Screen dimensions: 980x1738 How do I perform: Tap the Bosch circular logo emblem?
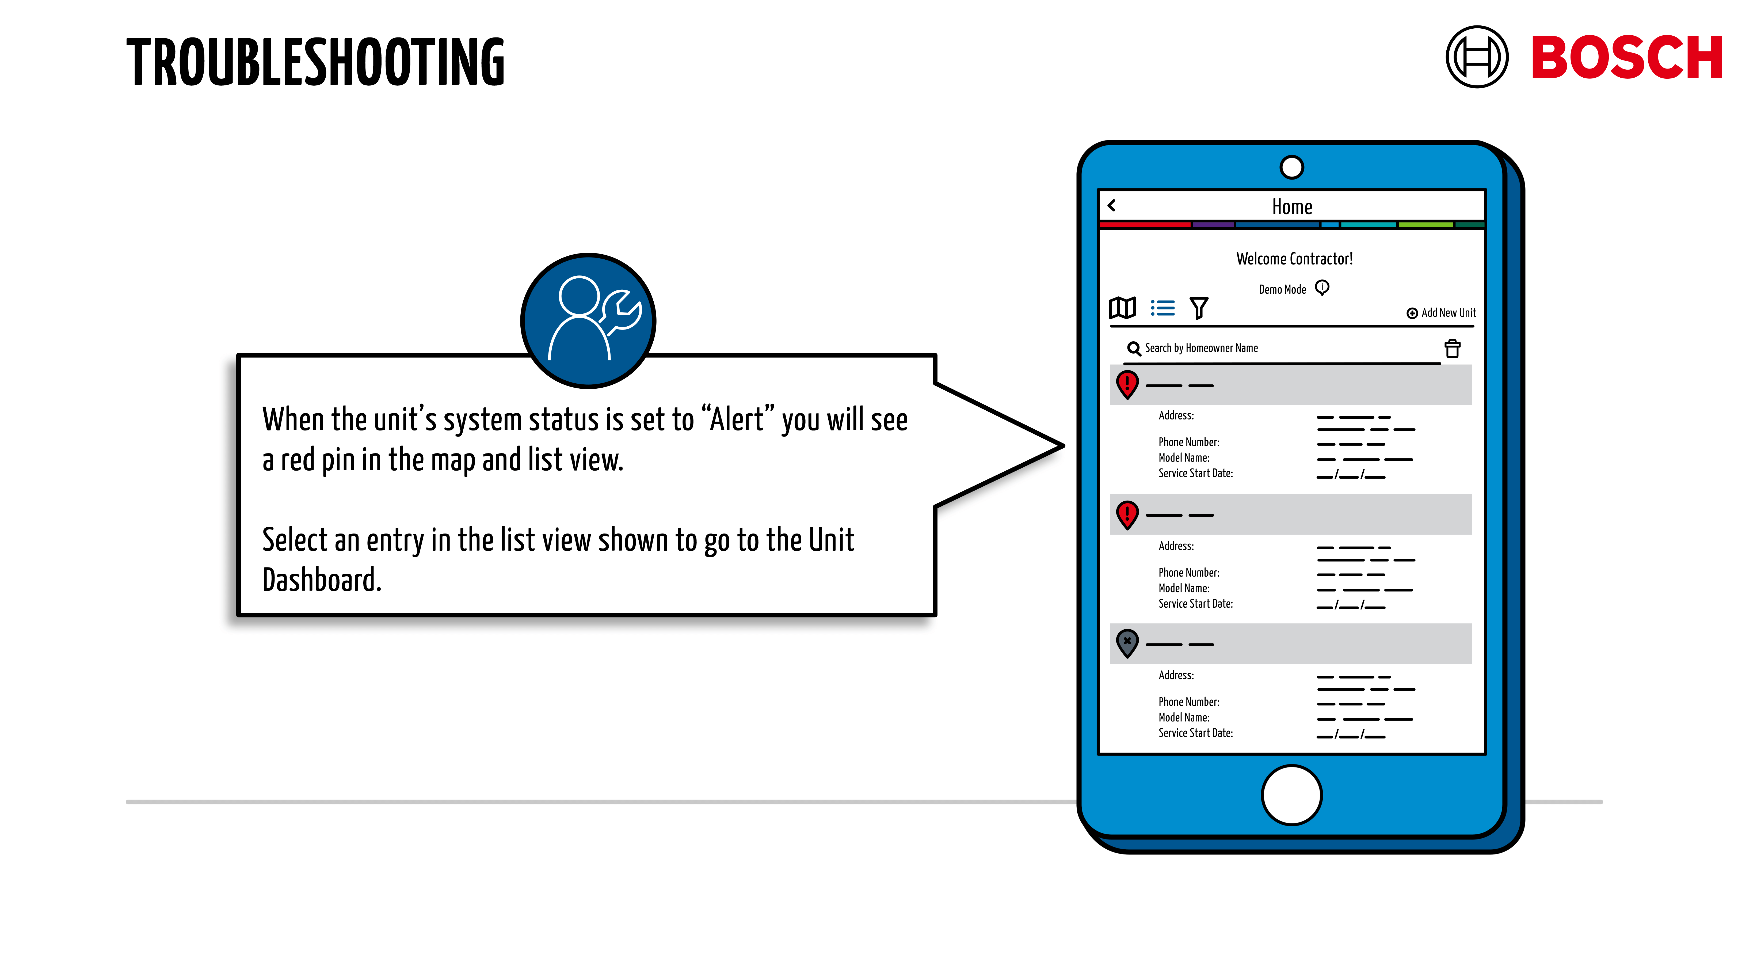(1476, 57)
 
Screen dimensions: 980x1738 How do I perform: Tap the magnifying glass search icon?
(1134, 348)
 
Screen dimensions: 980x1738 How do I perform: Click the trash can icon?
(1452, 348)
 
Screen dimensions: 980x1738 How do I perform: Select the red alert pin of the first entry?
(1127, 384)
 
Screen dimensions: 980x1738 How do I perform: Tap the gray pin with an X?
(1127, 642)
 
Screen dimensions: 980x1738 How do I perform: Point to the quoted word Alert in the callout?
(737, 420)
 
